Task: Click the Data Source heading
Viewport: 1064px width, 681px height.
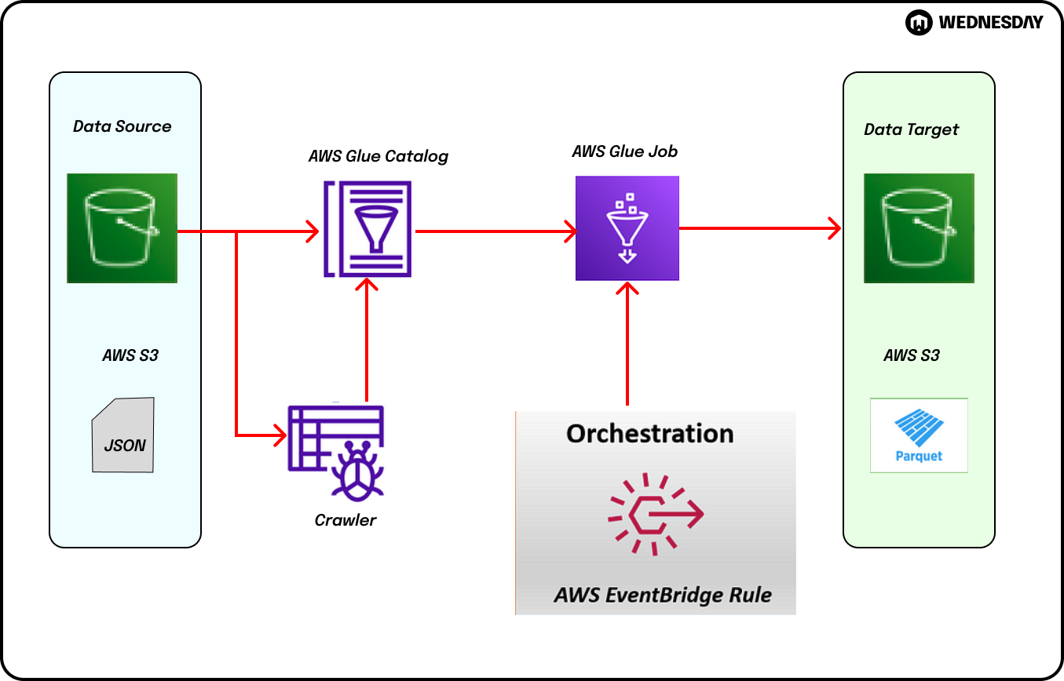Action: pyautogui.click(x=122, y=126)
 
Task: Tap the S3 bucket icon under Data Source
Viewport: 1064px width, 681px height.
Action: pyautogui.click(x=122, y=228)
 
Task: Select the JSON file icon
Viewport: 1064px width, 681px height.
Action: pyautogui.click(x=123, y=435)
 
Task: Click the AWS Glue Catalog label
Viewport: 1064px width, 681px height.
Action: pyautogui.click(x=378, y=156)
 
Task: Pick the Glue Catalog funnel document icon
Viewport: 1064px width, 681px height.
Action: pyautogui.click(x=367, y=228)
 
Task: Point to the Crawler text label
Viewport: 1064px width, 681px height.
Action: pyautogui.click(x=346, y=520)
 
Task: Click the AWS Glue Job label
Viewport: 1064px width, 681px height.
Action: pyautogui.click(x=624, y=151)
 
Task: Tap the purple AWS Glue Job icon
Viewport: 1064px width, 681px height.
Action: pyautogui.click(x=627, y=228)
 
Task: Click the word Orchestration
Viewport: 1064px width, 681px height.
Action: pyautogui.click(x=649, y=434)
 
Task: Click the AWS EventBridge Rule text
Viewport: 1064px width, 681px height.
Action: pyautogui.click(x=662, y=595)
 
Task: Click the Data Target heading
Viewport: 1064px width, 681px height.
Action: pyautogui.click(x=911, y=129)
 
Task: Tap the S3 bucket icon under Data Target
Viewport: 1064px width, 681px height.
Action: pyautogui.click(x=919, y=228)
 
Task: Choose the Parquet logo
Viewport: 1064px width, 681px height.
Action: pyautogui.click(x=919, y=435)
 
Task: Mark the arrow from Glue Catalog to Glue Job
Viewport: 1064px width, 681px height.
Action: pyautogui.click(x=495, y=231)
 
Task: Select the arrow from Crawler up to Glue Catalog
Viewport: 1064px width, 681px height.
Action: pyautogui.click(x=367, y=337)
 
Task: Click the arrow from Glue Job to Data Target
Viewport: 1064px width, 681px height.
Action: pyautogui.click(x=759, y=228)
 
